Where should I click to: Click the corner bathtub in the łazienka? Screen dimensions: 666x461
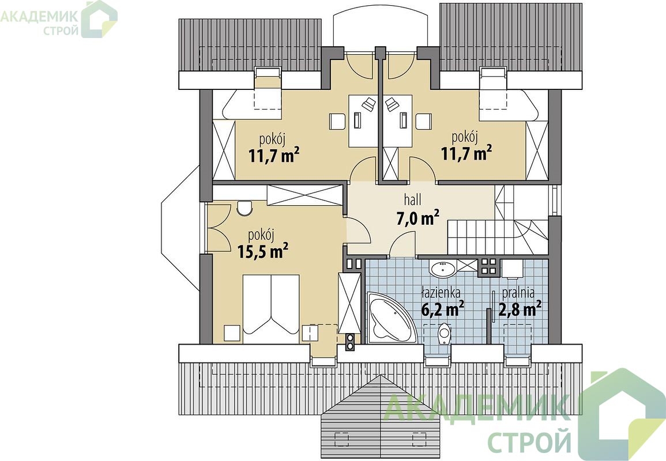(390, 318)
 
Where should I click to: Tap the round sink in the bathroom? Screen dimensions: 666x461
(443, 269)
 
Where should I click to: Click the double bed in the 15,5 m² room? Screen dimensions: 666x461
(270, 304)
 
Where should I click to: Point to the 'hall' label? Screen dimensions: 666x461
(412, 199)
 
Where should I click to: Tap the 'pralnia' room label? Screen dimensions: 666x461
(518, 293)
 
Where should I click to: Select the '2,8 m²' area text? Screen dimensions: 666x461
(520, 309)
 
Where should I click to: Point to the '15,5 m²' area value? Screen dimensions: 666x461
(263, 251)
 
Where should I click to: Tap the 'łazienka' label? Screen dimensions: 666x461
(441, 293)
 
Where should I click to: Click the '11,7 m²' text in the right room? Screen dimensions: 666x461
(467, 153)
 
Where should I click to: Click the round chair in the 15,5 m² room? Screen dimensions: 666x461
(244, 208)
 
